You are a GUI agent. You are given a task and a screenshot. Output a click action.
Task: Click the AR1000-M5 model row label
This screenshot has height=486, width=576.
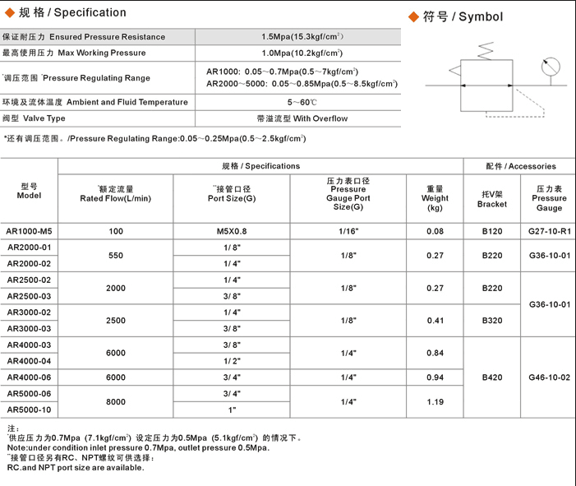[x=29, y=232]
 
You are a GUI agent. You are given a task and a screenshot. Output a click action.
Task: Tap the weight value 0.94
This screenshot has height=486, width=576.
[x=435, y=377]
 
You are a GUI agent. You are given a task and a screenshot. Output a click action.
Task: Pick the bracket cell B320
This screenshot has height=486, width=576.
[x=492, y=321]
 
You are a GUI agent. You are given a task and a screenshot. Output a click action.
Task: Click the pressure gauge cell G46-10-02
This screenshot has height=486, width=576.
[x=549, y=377]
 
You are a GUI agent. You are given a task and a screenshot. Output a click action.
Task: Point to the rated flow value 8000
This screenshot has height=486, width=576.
[x=116, y=402]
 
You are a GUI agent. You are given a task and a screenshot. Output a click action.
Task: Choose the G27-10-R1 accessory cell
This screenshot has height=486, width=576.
[x=549, y=232]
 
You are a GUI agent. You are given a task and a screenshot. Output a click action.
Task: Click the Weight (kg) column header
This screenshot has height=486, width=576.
[x=435, y=198]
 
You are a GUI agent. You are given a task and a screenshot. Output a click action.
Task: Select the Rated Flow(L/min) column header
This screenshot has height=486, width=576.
[x=116, y=194]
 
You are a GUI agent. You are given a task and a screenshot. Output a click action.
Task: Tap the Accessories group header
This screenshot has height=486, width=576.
[x=520, y=166]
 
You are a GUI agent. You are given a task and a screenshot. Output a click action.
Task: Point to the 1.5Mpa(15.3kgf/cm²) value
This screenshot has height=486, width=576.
[x=302, y=37]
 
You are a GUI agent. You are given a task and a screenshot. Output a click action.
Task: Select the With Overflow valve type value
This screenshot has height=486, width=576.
[x=302, y=118]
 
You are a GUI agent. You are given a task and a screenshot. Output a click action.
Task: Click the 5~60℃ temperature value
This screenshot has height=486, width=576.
[x=302, y=102]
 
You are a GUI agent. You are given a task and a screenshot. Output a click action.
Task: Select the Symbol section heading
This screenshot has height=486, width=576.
[x=456, y=16]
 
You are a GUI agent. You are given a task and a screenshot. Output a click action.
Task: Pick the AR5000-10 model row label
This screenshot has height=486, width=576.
[x=29, y=410]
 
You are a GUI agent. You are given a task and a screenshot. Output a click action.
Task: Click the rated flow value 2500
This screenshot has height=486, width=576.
[x=116, y=320]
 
